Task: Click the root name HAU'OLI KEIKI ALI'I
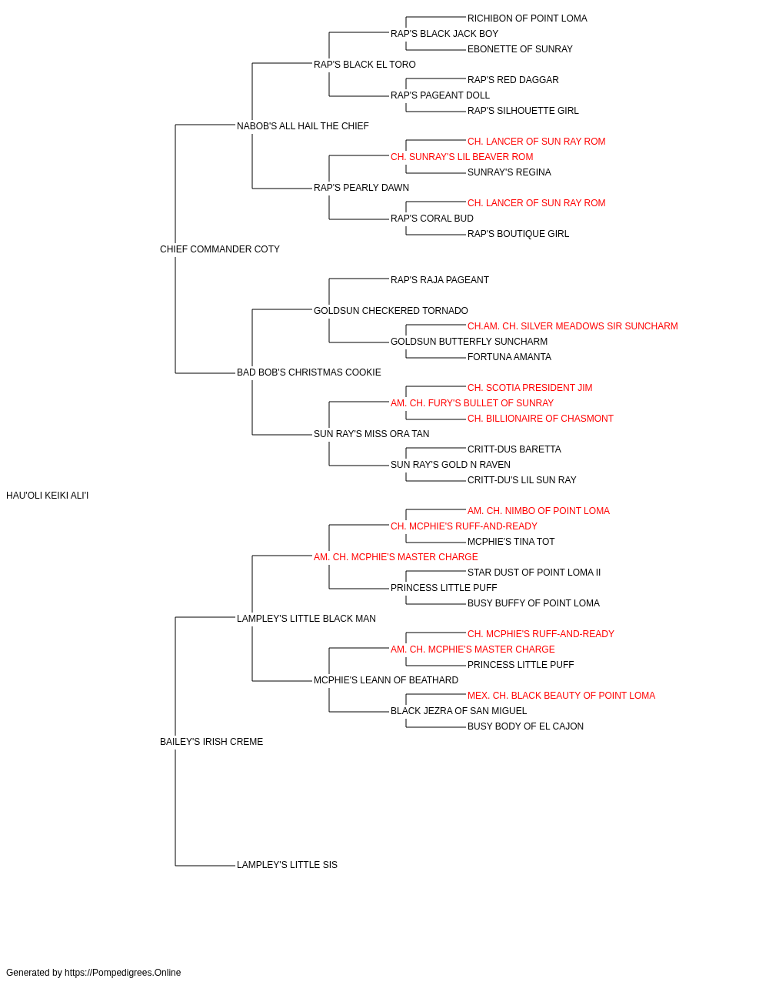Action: coord(47,496)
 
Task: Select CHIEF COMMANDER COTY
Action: coord(220,249)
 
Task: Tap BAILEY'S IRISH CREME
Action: coord(211,742)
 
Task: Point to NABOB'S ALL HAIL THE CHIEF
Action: coord(302,126)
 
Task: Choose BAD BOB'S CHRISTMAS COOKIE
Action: coord(309,372)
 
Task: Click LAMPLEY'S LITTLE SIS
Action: coord(287,865)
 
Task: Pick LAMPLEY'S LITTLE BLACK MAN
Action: coord(306,619)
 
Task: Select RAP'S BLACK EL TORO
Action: coord(365,65)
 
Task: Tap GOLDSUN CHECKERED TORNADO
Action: coord(391,311)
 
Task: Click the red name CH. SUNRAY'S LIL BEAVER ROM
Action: coord(462,157)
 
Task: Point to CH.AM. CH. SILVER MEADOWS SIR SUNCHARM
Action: coord(572,326)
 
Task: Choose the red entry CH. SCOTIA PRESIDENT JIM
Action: coord(530,388)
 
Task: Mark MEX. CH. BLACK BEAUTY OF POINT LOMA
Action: coord(561,696)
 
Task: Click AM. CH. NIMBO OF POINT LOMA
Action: coord(538,511)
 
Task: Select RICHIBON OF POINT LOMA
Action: coord(528,18)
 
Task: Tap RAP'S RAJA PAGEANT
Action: coord(440,280)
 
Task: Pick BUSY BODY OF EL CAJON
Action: coord(525,726)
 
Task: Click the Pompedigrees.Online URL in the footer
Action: coord(123,973)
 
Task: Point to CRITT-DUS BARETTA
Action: coord(514,449)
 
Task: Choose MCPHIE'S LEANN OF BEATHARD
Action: coord(386,680)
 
